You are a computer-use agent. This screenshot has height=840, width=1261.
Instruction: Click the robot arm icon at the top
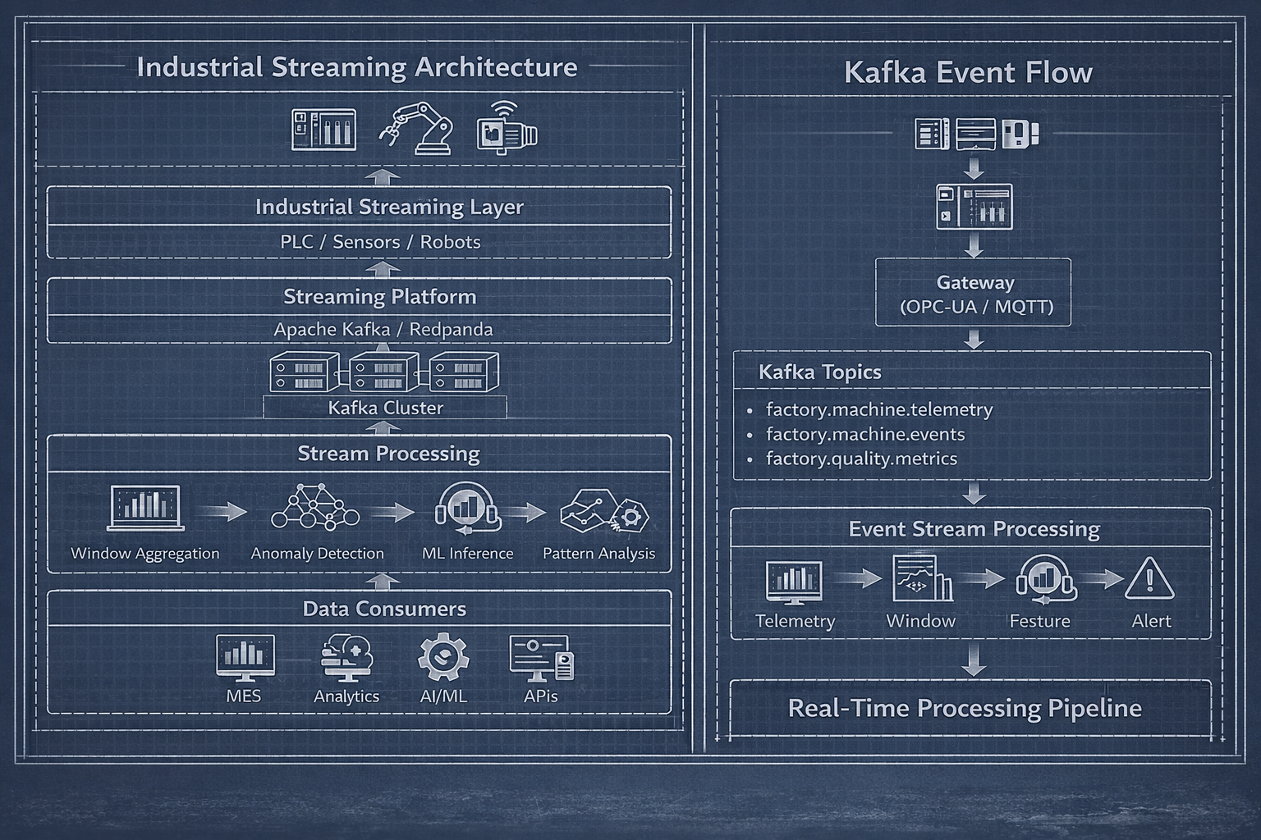416,128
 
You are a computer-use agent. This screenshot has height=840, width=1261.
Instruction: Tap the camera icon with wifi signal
507,128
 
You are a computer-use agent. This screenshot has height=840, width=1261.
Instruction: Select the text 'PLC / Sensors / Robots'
380,242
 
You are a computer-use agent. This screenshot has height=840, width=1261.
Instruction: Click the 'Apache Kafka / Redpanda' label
383,330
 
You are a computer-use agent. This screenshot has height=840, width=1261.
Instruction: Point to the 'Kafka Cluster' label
385,408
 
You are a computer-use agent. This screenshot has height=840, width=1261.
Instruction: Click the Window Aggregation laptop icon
146,508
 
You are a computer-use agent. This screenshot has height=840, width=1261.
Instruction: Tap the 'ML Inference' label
467,554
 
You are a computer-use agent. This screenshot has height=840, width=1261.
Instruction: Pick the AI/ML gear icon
442,657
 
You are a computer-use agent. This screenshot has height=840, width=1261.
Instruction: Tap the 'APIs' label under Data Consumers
540,696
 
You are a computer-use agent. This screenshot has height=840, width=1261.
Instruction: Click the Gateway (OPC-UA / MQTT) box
974,294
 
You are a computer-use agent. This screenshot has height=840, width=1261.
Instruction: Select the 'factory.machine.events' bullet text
865,434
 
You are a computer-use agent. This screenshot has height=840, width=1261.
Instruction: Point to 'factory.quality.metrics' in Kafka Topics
861,459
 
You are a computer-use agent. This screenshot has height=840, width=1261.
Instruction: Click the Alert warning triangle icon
1149,578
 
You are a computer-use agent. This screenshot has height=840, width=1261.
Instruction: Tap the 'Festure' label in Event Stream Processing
1039,621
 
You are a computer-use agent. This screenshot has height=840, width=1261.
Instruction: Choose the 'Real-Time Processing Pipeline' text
965,708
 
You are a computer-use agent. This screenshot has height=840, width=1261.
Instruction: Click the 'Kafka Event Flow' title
968,72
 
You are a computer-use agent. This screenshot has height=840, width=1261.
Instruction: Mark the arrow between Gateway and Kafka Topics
974,339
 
